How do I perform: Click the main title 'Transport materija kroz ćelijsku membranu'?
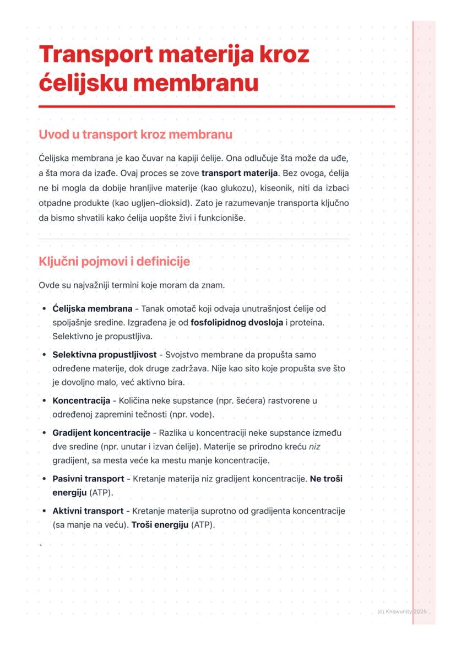tap(174, 69)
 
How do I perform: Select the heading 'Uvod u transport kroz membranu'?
tap(135, 135)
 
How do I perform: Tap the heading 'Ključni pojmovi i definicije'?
tap(114, 262)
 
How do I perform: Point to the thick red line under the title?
tap(216, 106)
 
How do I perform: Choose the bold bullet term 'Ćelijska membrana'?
tap(92, 308)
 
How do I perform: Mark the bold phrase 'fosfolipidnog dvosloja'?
tap(236, 322)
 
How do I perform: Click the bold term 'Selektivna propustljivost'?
tap(105, 354)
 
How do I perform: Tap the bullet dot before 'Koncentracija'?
tap(44, 400)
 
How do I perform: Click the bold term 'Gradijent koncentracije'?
tap(101, 432)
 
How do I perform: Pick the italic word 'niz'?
tap(314, 446)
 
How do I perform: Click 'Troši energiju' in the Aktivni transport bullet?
tap(160, 525)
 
